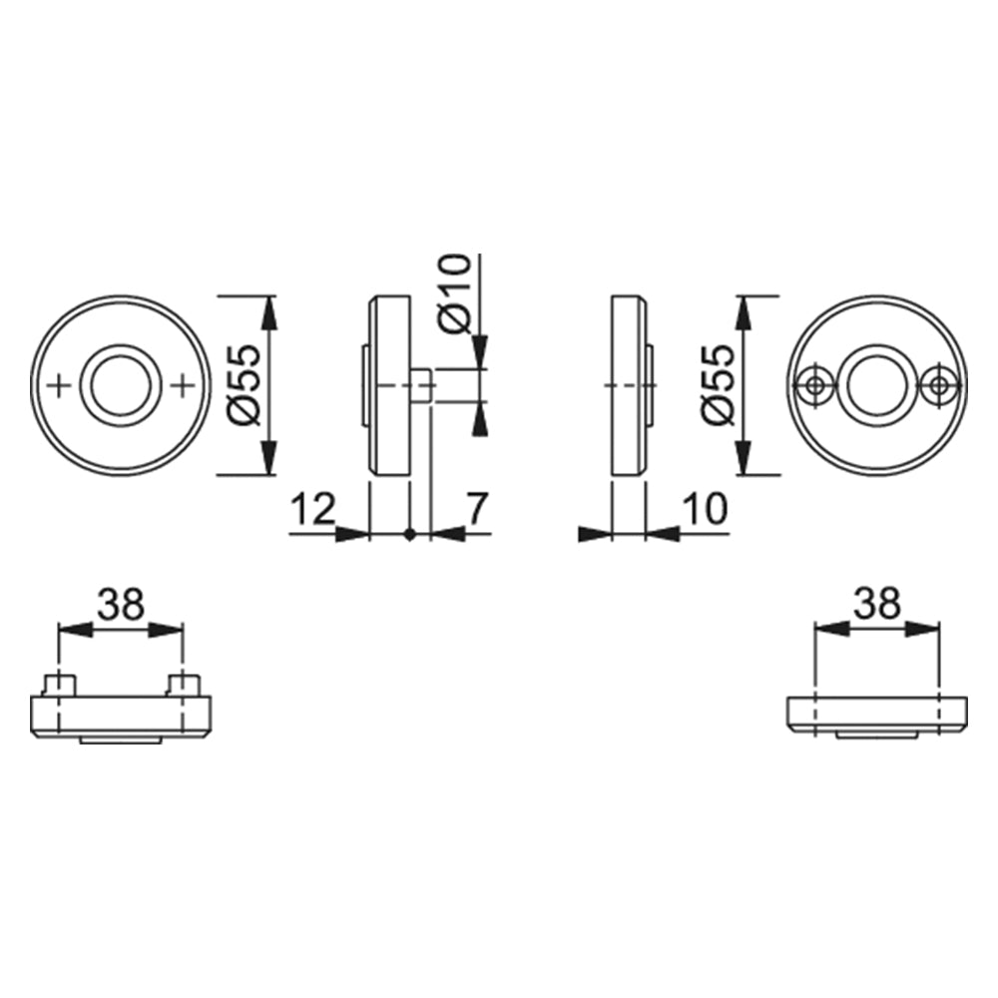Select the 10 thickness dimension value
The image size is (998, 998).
point(705,509)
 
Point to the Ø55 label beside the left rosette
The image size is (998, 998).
point(245,385)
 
